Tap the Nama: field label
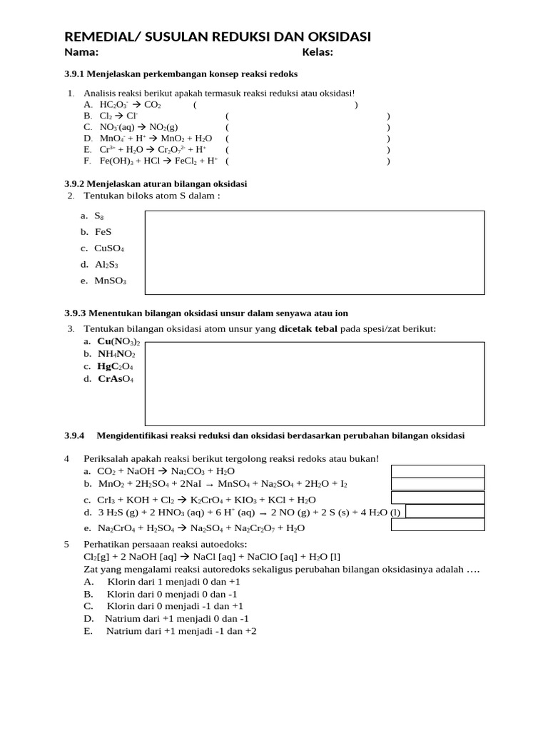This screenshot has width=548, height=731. click(x=81, y=52)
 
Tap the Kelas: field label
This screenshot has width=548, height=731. click(x=318, y=52)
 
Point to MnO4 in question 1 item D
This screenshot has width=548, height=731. click(x=111, y=138)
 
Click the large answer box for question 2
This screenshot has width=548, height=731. click(x=315, y=252)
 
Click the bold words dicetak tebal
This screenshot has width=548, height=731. click(x=308, y=328)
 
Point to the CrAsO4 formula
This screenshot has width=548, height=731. click(x=116, y=379)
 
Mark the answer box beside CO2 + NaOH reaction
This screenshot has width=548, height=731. click(x=437, y=471)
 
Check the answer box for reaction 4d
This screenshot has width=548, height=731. click(x=445, y=511)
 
